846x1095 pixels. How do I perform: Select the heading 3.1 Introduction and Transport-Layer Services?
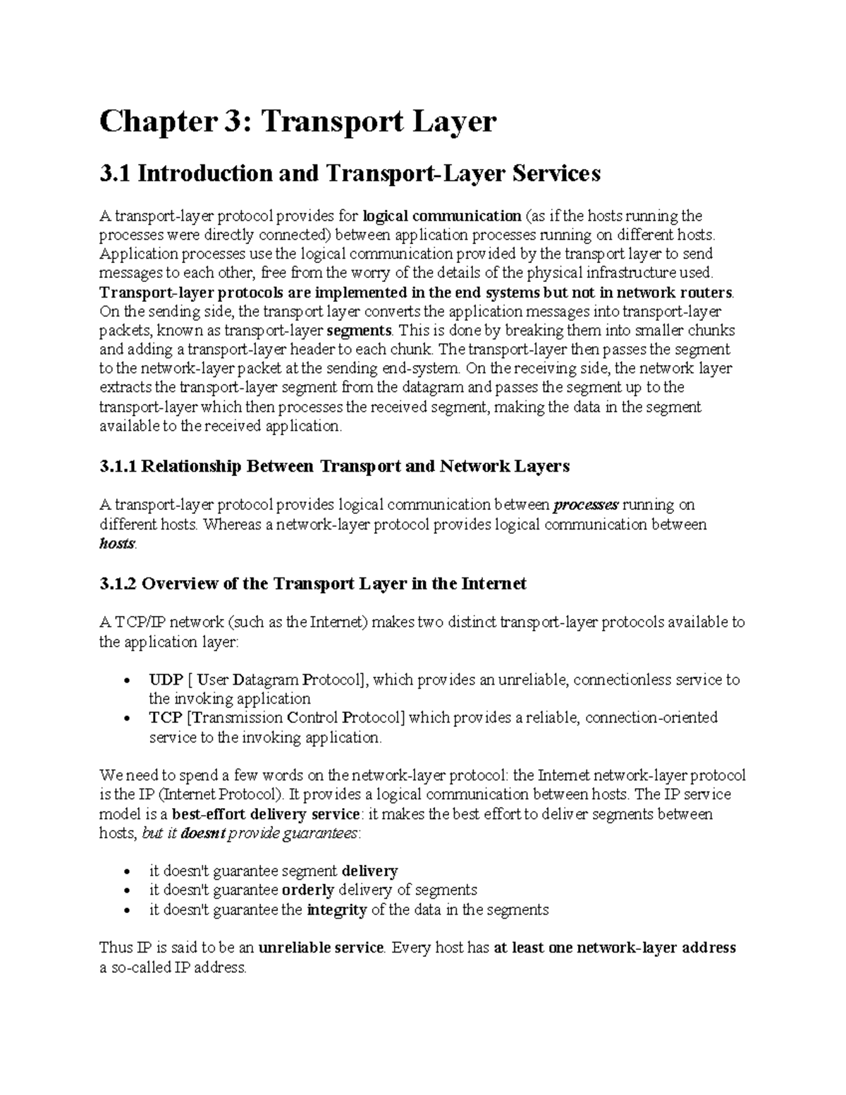point(350,173)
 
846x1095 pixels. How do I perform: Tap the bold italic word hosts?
point(116,544)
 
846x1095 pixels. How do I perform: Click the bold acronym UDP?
point(166,680)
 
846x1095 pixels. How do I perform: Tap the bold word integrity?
point(337,910)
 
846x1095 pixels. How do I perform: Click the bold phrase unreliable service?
point(321,948)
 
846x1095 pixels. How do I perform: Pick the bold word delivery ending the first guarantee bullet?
point(369,871)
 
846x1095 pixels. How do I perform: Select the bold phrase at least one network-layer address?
point(615,948)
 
